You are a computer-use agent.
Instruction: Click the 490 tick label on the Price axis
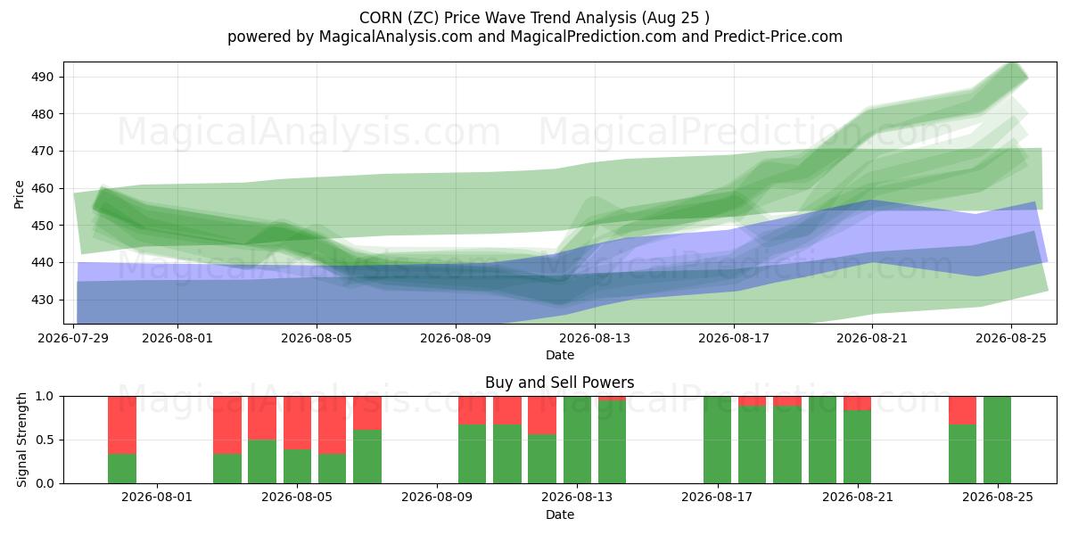[x=43, y=77]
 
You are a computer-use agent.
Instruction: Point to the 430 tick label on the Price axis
[x=43, y=300]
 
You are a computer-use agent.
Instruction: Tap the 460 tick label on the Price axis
[x=43, y=188]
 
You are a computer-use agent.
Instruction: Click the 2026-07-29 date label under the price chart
[x=73, y=338]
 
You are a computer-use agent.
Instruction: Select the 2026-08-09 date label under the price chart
[x=456, y=338]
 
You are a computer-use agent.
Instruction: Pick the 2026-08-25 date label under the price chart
[x=1011, y=338]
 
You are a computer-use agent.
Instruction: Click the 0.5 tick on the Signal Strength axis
[x=45, y=440]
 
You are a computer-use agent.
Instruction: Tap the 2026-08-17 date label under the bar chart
[x=717, y=498]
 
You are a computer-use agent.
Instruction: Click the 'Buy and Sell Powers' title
[x=560, y=383]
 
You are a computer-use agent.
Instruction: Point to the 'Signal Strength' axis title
[x=21, y=440]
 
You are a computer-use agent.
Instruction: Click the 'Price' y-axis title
[x=19, y=194]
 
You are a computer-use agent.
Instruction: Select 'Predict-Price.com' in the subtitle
[x=778, y=37]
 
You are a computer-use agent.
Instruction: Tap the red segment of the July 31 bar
[x=122, y=425]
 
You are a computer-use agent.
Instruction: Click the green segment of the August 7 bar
[x=367, y=457]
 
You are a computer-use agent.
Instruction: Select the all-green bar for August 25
[x=998, y=440]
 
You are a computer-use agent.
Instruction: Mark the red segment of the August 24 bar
[x=962, y=410]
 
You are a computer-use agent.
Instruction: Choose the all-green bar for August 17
[x=718, y=440]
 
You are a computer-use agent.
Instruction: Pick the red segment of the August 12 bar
[x=542, y=416]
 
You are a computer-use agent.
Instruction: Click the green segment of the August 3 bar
[x=227, y=469]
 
